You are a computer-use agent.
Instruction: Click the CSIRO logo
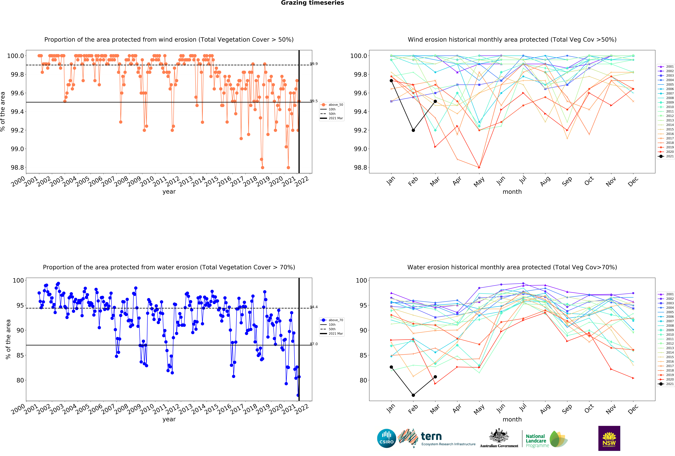(x=387, y=438)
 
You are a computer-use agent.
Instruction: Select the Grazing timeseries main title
(x=312, y=3)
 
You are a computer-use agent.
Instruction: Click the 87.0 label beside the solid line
(x=314, y=344)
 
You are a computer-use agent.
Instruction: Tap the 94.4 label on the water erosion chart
(x=314, y=307)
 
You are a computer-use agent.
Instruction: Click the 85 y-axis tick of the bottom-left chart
(x=20, y=355)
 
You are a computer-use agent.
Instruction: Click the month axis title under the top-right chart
(x=512, y=192)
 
